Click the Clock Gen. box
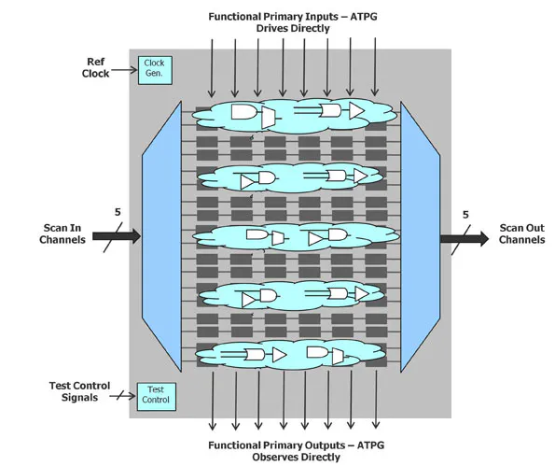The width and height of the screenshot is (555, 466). (x=153, y=68)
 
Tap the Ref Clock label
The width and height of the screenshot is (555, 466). (x=95, y=67)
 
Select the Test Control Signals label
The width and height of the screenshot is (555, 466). (x=79, y=391)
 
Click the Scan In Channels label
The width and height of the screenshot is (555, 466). (x=63, y=233)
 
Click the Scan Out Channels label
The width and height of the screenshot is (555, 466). (x=521, y=233)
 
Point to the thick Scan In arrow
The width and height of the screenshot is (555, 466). (x=116, y=236)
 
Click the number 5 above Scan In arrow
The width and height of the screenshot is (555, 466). (x=118, y=213)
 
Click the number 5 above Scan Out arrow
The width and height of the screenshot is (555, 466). (x=465, y=215)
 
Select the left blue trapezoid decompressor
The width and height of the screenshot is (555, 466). (x=161, y=236)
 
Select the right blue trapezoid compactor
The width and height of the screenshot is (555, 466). (x=420, y=236)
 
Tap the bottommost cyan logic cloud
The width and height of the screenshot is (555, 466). (x=289, y=356)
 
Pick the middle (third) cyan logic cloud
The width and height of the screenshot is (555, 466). (x=289, y=237)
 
